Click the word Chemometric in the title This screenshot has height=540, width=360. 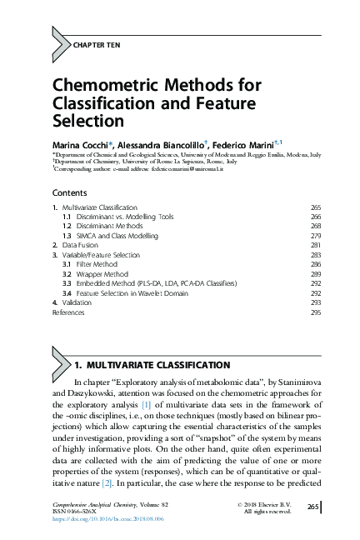(x=102, y=87)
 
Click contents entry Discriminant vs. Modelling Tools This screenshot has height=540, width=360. (x=124, y=216)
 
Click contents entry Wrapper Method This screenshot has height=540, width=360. (x=103, y=273)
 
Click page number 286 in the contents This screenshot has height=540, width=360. (x=315, y=264)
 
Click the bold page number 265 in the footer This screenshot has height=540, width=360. (x=313, y=507)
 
